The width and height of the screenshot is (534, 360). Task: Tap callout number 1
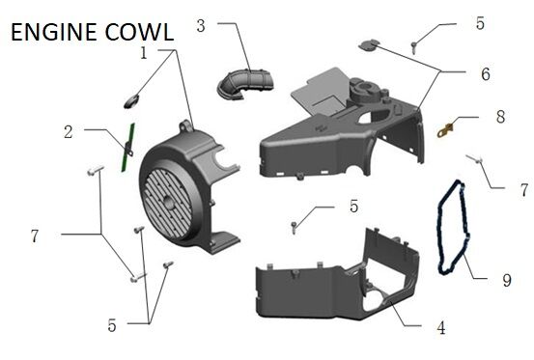[144, 53]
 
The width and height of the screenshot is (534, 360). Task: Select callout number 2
[69, 132]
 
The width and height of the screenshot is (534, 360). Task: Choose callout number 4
[440, 328]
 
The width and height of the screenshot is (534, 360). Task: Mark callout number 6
[485, 72]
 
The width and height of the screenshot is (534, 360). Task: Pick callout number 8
[500, 116]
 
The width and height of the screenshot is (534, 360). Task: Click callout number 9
[506, 281]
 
